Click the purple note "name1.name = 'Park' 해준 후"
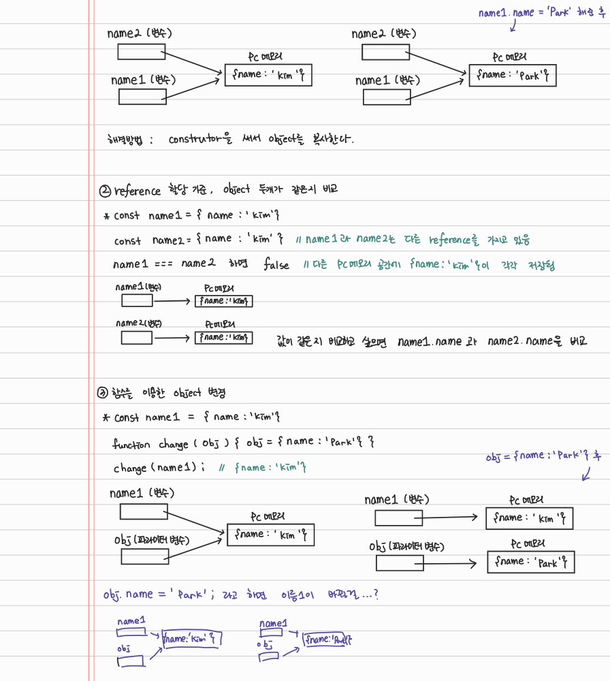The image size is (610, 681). coord(541,13)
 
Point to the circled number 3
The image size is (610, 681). coord(103,392)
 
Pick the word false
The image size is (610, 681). coord(276,264)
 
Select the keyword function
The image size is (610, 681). coord(131,444)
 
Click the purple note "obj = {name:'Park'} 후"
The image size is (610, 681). coord(544,456)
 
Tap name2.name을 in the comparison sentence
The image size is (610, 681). coord(527,341)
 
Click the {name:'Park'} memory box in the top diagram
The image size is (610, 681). coord(512,76)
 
